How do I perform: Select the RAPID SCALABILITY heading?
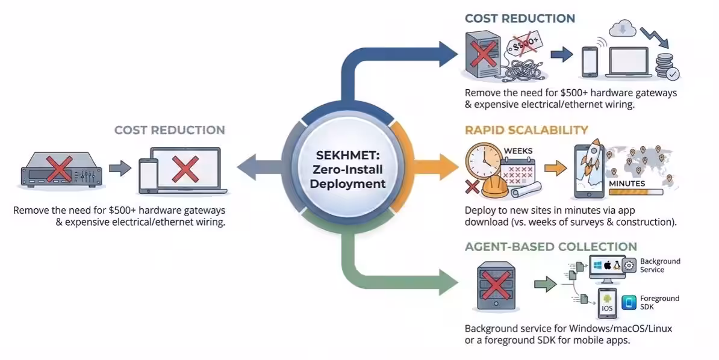pyautogui.click(x=526, y=130)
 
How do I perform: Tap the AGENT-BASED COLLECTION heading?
pyautogui.click(x=550, y=247)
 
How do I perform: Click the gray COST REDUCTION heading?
pyautogui.click(x=169, y=130)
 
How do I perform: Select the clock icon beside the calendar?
pyautogui.click(x=483, y=160)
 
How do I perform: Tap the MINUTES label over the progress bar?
pyautogui.click(x=627, y=183)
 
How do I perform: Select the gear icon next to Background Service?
pyautogui.click(x=629, y=265)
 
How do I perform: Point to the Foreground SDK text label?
pyautogui.click(x=659, y=303)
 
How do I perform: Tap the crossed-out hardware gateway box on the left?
pyautogui.click(x=60, y=169)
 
